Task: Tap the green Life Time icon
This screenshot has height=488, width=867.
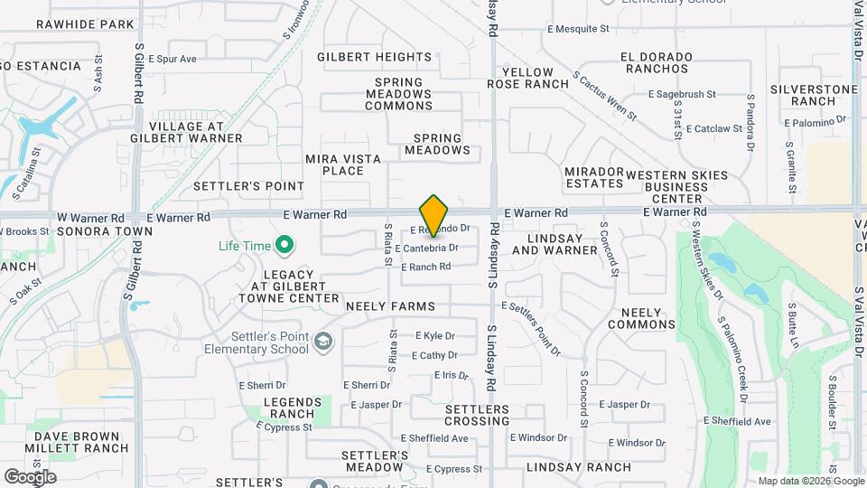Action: click(x=285, y=244)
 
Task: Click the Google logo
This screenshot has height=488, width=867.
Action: click(x=30, y=477)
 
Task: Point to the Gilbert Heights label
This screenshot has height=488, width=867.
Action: click(x=368, y=57)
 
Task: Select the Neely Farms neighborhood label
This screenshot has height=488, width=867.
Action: click(x=390, y=306)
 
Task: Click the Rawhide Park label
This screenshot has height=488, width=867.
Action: click(x=85, y=24)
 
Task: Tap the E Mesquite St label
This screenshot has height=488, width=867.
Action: click(x=578, y=29)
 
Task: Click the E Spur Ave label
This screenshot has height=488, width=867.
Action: click(x=171, y=59)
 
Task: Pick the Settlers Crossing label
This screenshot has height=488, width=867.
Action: click(x=477, y=415)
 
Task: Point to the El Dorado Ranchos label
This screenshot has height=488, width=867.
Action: click(x=657, y=62)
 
